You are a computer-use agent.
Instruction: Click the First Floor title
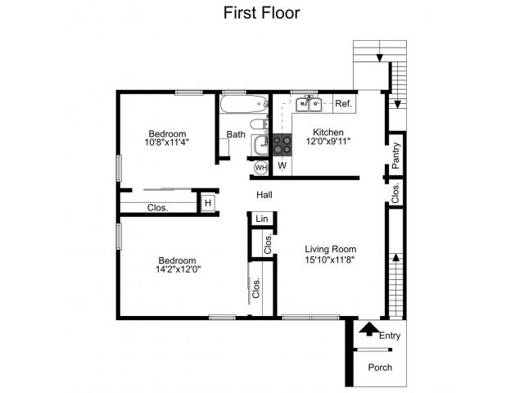pyautogui.click(x=262, y=13)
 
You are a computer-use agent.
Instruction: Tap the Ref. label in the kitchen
pyautogui.click(x=344, y=104)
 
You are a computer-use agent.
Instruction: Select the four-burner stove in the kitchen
pyautogui.click(x=282, y=145)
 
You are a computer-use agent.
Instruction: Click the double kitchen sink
pyautogui.click(x=309, y=104)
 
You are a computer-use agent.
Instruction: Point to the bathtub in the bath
pyautogui.click(x=244, y=104)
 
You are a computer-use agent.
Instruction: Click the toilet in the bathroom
pyautogui.click(x=259, y=124)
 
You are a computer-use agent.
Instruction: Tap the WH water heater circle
pyautogui.click(x=260, y=167)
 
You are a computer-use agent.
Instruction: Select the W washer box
pyautogui.click(x=282, y=165)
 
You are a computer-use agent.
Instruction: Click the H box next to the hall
pyautogui.click(x=208, y=203)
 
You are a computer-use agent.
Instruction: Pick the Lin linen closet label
pyautogui.click(x=262, y=219)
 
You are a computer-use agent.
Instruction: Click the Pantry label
pyautogui.click(x=395, y=156)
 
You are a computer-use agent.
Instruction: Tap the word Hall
pyautogui.click(x=264, y=195)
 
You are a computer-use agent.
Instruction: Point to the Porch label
pyautogui.click(x=380, y=368)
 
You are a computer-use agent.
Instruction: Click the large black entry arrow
pyautogui.click(x=369, y=329)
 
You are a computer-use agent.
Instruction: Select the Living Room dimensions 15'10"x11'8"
pyautogui.click(x=330, y=260)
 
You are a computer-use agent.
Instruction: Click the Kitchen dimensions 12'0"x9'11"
pyautogui.click(x=328, y=142)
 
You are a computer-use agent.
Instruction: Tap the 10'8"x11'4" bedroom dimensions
pyautogui.click(x=167, y=142)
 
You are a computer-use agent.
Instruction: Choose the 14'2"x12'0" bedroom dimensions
pyautogui.click(x=178, y=269)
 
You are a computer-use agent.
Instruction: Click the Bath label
pyautogui.click(x=236, y=134)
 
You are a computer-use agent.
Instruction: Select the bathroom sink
pyautogui.click(x=260, y=146)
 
